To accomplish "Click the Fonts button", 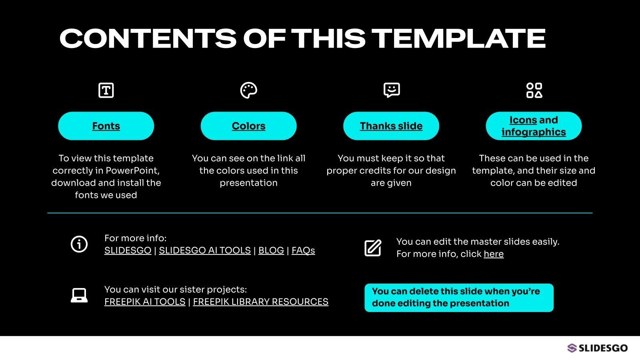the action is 106,126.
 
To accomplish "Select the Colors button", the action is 248,126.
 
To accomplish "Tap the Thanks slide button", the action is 391,126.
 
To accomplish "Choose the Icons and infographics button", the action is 534,126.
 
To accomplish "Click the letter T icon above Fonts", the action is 106,90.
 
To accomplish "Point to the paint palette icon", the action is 248,90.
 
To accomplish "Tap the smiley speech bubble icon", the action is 392,90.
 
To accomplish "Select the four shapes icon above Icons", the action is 534,90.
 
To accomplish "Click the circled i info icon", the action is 79,244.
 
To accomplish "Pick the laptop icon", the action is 79,295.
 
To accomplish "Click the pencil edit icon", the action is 373,248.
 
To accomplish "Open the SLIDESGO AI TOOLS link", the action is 204,250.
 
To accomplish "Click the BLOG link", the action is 271,250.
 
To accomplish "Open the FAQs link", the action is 303,250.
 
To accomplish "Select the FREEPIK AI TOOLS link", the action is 145,302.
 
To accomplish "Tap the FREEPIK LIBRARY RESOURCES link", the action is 260,302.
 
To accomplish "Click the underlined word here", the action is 494,254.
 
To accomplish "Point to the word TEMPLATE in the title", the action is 459,38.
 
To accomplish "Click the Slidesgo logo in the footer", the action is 598,348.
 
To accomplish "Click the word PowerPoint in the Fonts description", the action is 132,170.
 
